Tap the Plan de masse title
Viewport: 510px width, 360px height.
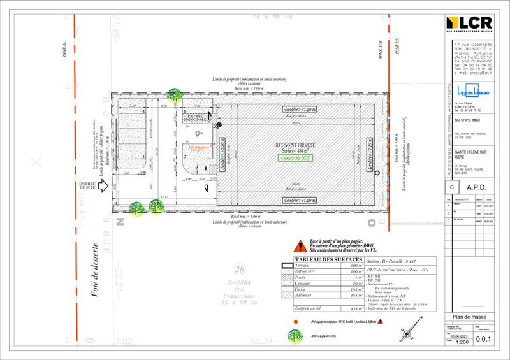pyautogui.click(x=469, y=317)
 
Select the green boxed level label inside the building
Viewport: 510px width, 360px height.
pyautogui.click(x=295, y=155)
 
